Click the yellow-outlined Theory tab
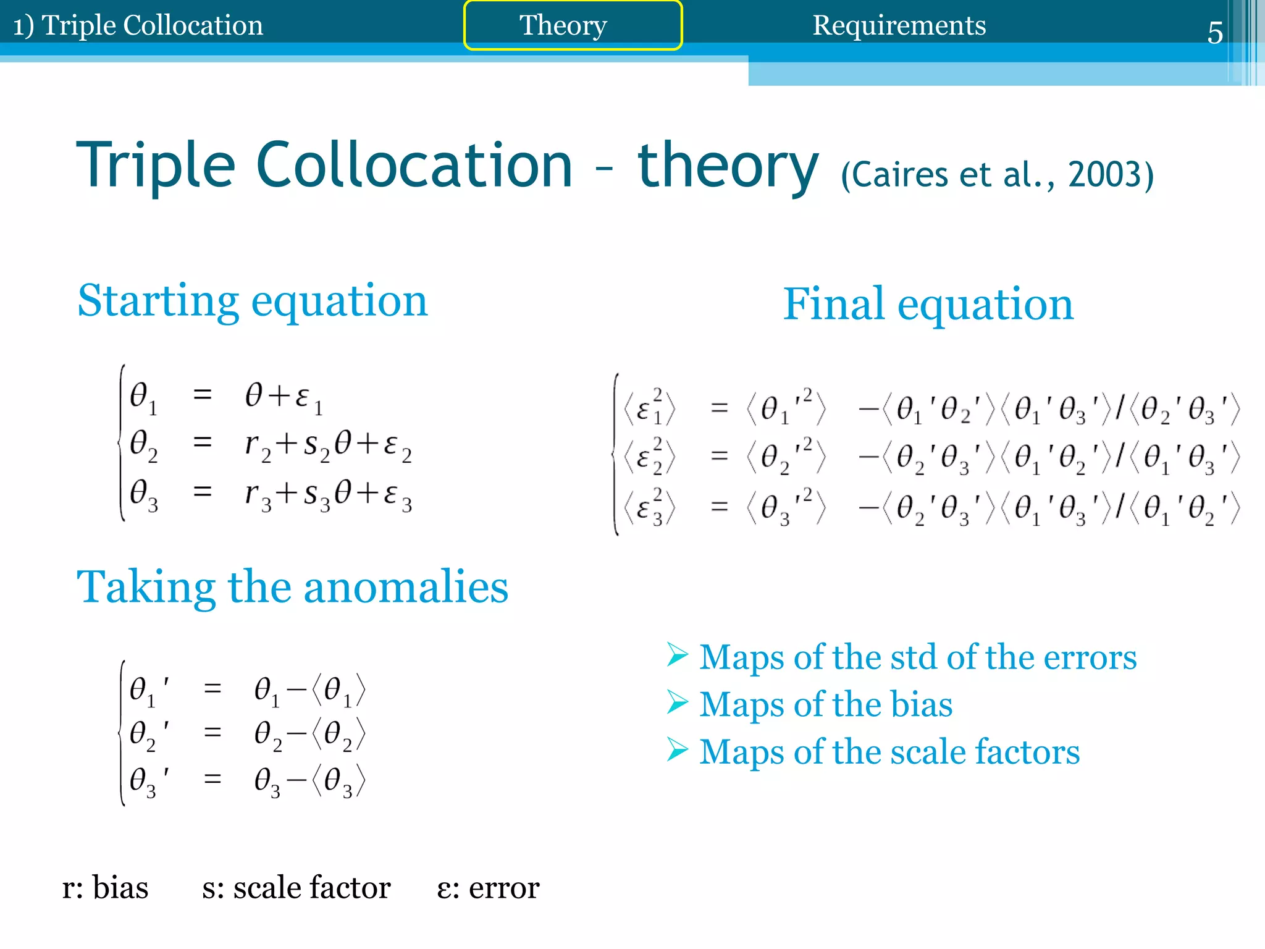click(x=573, y=25)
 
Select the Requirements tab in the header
click(x=899, y=25)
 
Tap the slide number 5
click(x=1214, y=32)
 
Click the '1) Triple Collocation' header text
click(x=138, y=25)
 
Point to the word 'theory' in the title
click(x=728, y=166)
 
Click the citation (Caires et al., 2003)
click(x=997, y=175)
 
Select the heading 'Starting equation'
click(x=252, y=301)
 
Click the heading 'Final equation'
click(x=928, y=304)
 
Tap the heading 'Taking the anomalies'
click(x=292, y=587)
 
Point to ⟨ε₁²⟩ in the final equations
click(x=649, y=409)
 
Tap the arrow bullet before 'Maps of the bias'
click(x=677, y=703)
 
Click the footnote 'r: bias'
click(x=106, y=888)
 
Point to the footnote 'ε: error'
click(x=488, y=888)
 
